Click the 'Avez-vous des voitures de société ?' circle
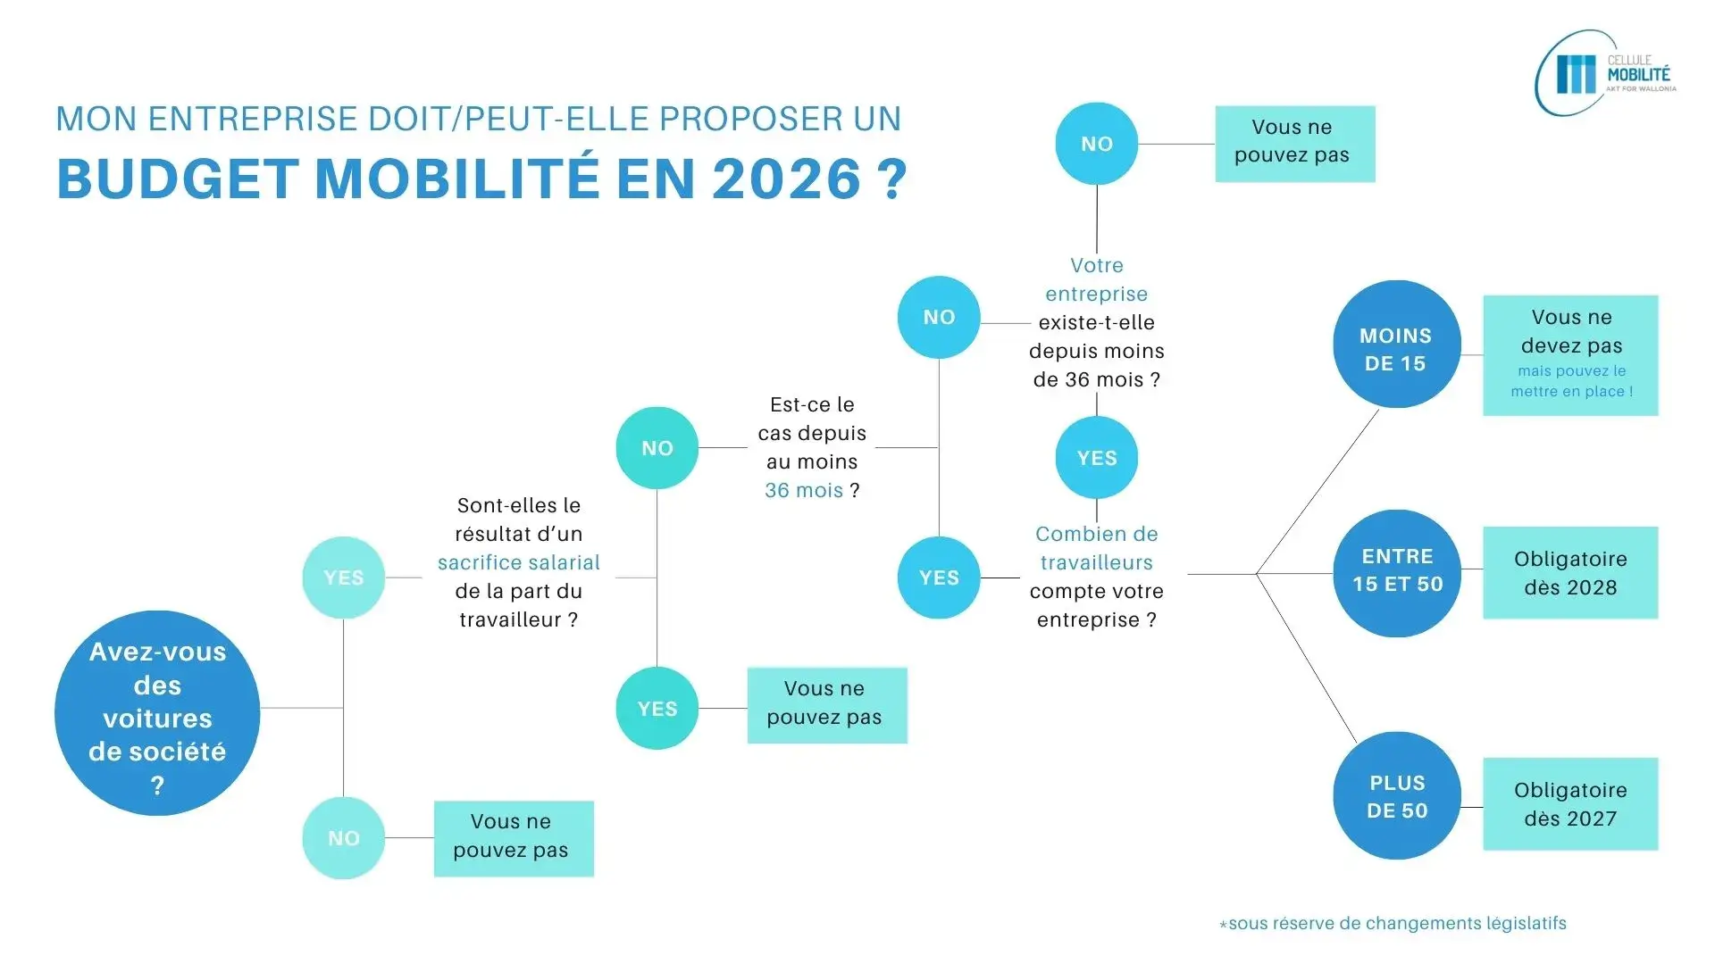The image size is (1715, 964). tap(157, 712)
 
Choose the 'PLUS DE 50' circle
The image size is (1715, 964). tap(1397, 796)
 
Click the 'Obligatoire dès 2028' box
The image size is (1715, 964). tap(1570, 573)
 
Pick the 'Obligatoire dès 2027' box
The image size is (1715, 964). tap(1570, 804)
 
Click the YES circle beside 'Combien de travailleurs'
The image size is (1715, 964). tap(939, 578)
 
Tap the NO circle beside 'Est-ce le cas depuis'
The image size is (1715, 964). tap(657, 448)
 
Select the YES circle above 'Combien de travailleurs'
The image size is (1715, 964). tap(1097, 458)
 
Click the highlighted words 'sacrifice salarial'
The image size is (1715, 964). tap(518, 562)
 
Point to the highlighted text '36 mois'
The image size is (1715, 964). tap(803, 490)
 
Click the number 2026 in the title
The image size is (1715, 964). tap(787, 179)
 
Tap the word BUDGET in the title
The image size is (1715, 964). tap(177, 179)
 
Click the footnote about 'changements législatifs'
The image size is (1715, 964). tap(1393, 924)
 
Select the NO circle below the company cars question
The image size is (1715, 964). tap(344, 838)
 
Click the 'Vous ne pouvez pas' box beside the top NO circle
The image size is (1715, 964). tap(1294, 144)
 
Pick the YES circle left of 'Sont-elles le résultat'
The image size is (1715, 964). tap(344, 578)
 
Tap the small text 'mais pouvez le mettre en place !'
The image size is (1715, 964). tap(1571, 381)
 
